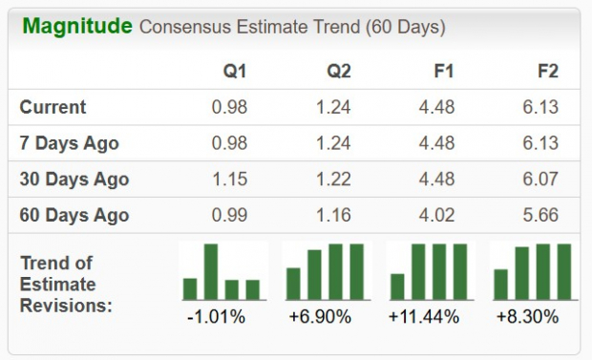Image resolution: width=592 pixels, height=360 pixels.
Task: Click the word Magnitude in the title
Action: click(x=76, y=26)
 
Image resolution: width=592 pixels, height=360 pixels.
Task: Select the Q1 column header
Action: click(x=234, y=72)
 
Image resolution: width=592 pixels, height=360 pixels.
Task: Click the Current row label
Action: click(x=53, y=107)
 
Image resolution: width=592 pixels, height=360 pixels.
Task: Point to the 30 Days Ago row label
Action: click(x=74, y=179)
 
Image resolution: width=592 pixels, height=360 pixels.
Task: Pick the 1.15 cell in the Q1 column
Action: click(x=229, y=179)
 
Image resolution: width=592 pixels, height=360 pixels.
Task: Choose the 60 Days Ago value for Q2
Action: click(x=334, y=215)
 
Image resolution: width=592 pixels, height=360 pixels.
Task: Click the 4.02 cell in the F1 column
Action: click(x=437, y=215)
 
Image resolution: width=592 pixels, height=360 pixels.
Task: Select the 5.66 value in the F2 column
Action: click(x=540, y=215)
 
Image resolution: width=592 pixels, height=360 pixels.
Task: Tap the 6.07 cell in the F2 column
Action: click(x=540, y=179)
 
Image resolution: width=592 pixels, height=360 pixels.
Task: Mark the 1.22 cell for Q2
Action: click(x=334, y=179)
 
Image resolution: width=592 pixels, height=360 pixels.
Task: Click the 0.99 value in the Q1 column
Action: click(x=229, y=215)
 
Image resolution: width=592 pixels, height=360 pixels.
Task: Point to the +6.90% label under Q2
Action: click(x=327, y=316)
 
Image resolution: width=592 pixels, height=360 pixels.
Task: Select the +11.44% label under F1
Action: click(x=430, y=316)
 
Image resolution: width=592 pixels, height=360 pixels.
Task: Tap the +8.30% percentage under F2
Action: click(x=533, y=316)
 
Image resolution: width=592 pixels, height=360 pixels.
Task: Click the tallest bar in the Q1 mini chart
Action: click(x=211, y=272)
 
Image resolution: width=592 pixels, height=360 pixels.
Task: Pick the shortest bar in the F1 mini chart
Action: click(x=398, y=286)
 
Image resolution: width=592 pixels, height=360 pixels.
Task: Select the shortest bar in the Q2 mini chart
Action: click(x=294, y=284)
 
